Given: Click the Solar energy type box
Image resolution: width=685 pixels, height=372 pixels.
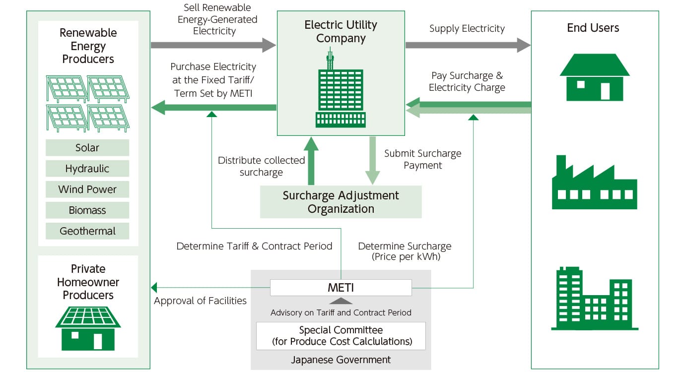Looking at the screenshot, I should coord(87,148).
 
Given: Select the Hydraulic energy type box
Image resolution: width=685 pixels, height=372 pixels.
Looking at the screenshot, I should coord(87,169).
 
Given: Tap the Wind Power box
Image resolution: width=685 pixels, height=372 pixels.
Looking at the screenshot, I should coord(87,189).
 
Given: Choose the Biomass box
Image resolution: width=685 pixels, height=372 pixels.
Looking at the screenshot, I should coord(87,210).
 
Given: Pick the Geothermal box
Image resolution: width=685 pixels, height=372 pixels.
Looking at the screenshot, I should coord(87,231).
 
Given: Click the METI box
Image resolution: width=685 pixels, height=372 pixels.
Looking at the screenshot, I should coord(341,288).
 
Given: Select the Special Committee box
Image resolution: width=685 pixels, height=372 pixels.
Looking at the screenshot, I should coord(341,336).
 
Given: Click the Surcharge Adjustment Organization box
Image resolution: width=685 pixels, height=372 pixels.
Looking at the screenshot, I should coord(341,202).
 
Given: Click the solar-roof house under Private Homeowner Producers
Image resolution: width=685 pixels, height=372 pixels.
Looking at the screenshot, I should coord(88,328).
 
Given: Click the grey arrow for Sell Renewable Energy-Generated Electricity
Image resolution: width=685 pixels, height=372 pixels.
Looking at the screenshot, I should coord(213,45).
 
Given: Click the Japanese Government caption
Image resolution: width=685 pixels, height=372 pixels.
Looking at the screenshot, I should coord(341,360).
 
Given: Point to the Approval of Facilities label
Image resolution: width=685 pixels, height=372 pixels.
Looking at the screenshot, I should coord(200,301).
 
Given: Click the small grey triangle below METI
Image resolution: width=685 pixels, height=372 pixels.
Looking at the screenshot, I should coord(341,301).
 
